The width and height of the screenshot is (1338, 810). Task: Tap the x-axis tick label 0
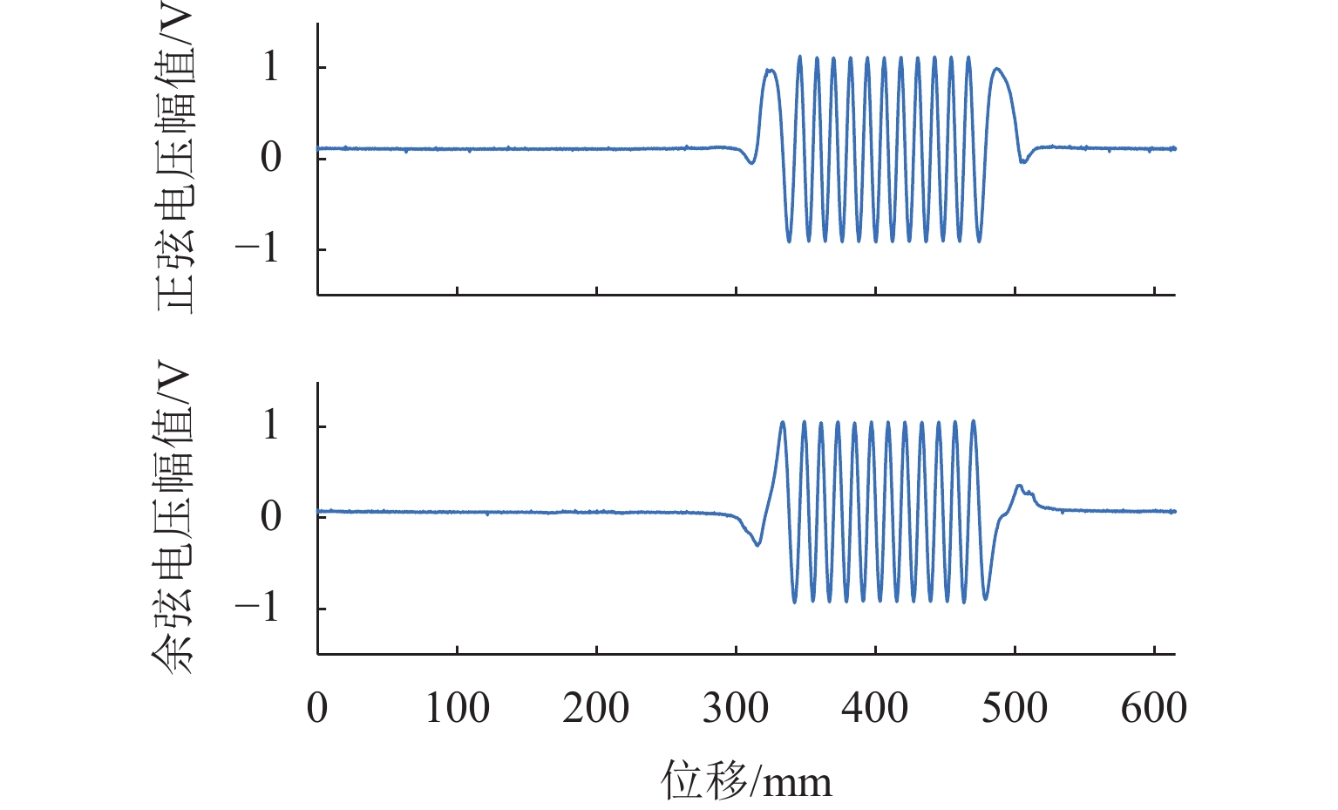coord(317,708)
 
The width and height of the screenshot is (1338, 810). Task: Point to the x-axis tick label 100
coord(457,708)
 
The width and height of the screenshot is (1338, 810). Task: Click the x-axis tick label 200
coord(596,708)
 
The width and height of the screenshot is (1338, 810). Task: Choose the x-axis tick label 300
coord(736,708)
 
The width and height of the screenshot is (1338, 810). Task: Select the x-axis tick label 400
coord(875,708)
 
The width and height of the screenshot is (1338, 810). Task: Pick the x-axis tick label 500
coord(1015,708)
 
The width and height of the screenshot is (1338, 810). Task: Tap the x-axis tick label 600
coord(1153,708)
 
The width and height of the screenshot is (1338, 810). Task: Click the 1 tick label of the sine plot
coord(271,67)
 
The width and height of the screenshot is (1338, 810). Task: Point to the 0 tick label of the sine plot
coord(271,158)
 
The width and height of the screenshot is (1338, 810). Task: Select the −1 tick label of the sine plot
coord(257,248)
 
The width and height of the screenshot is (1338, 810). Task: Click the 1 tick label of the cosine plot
coord(271,425)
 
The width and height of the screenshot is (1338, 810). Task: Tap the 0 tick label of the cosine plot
coord(271,517)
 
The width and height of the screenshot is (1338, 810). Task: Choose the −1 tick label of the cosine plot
coord(257,608)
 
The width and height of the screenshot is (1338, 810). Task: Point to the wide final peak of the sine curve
coord(997,69)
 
